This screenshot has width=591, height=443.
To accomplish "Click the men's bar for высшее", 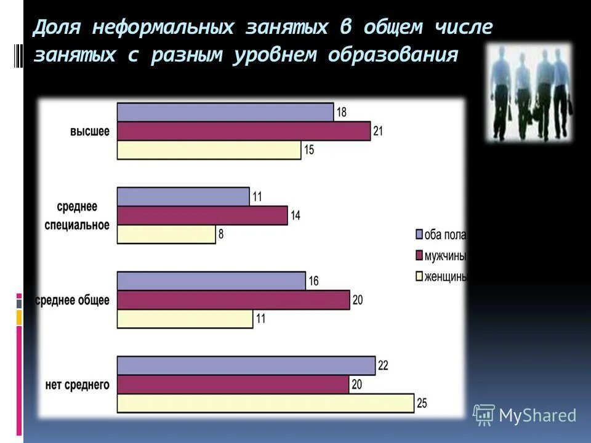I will tap(243, 131).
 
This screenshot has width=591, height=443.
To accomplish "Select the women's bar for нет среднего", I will tap(265, 404).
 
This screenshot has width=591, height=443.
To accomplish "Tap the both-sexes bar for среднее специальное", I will tap(183, 197).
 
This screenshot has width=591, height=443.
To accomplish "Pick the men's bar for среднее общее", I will tap(233, 300).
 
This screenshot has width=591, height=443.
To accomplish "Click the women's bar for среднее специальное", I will tap(166, 234).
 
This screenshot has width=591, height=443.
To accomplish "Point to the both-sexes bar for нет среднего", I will tap(246, 365).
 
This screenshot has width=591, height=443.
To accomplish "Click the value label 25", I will tap(422, 404).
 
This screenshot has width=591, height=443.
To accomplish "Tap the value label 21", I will tap(378, 131).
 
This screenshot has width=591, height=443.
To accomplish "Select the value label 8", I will tap(221, 234).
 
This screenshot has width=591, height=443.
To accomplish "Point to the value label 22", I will tap(383, 365).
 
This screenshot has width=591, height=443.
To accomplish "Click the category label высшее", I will tap(90, 131).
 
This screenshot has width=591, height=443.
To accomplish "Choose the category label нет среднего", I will tap(78, 385).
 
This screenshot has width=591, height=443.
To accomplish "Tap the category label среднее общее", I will tap(73, 300).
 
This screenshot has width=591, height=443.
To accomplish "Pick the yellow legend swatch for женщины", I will tap(419, 277).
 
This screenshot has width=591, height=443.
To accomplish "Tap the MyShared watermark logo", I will tap(525, 415).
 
